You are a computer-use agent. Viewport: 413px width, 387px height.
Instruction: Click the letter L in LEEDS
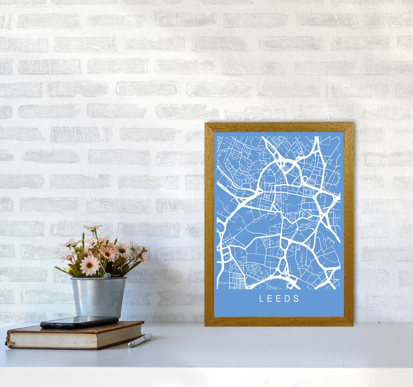click(x=261, y=299)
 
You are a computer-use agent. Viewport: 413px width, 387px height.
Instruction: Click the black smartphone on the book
click(x=79, y=322)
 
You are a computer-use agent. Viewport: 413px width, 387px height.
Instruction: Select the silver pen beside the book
click(x=140, y=340)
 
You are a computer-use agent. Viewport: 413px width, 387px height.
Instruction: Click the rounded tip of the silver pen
click(x=129, y=346)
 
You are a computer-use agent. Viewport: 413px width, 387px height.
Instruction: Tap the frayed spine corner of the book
click(x=8, y=340)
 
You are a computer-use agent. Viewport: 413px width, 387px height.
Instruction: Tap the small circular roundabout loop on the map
click(x=305, y=179)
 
